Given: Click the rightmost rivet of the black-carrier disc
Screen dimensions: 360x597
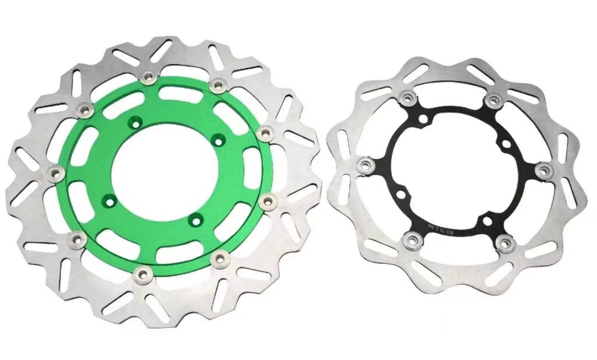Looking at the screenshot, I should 545,170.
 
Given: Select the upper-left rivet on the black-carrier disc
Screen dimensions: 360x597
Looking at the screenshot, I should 406,97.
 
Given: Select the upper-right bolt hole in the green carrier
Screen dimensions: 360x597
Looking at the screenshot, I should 218,140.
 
